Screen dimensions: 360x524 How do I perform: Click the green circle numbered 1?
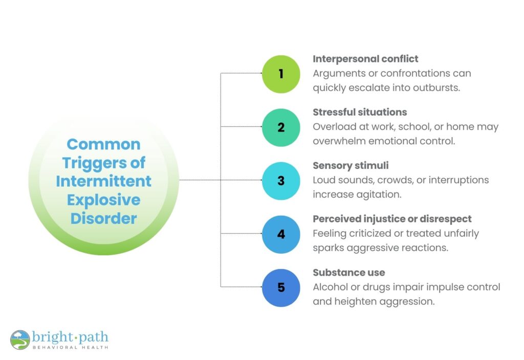pos(281,74)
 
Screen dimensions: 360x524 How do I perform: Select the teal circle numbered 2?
pos(281,127)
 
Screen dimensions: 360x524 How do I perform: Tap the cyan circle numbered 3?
pos(281,181)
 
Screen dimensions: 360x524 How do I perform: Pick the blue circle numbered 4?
pos(281,234)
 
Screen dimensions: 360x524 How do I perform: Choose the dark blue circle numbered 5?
pos(281,287)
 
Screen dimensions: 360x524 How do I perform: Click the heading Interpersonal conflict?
pos(365,59)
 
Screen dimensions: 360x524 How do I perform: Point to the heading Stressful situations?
pos(360,112)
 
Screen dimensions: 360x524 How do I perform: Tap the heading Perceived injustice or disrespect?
pos(392,219)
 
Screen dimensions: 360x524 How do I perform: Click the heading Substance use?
pos(349,273)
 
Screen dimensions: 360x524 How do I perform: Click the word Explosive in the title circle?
pos(103,199)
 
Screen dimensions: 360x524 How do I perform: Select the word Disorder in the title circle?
pos(103,218)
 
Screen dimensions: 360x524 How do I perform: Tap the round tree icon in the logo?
pos(20,340)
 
